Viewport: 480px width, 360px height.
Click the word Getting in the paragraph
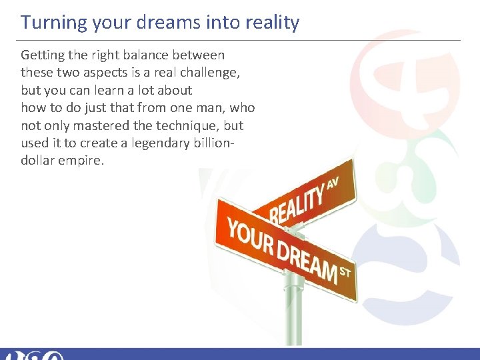(x=43, y=55)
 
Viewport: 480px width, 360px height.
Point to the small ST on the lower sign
(x=345, y=272)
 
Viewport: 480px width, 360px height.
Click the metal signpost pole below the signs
(x=293, y=313)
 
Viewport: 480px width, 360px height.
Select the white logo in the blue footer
(x=33, y=355)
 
